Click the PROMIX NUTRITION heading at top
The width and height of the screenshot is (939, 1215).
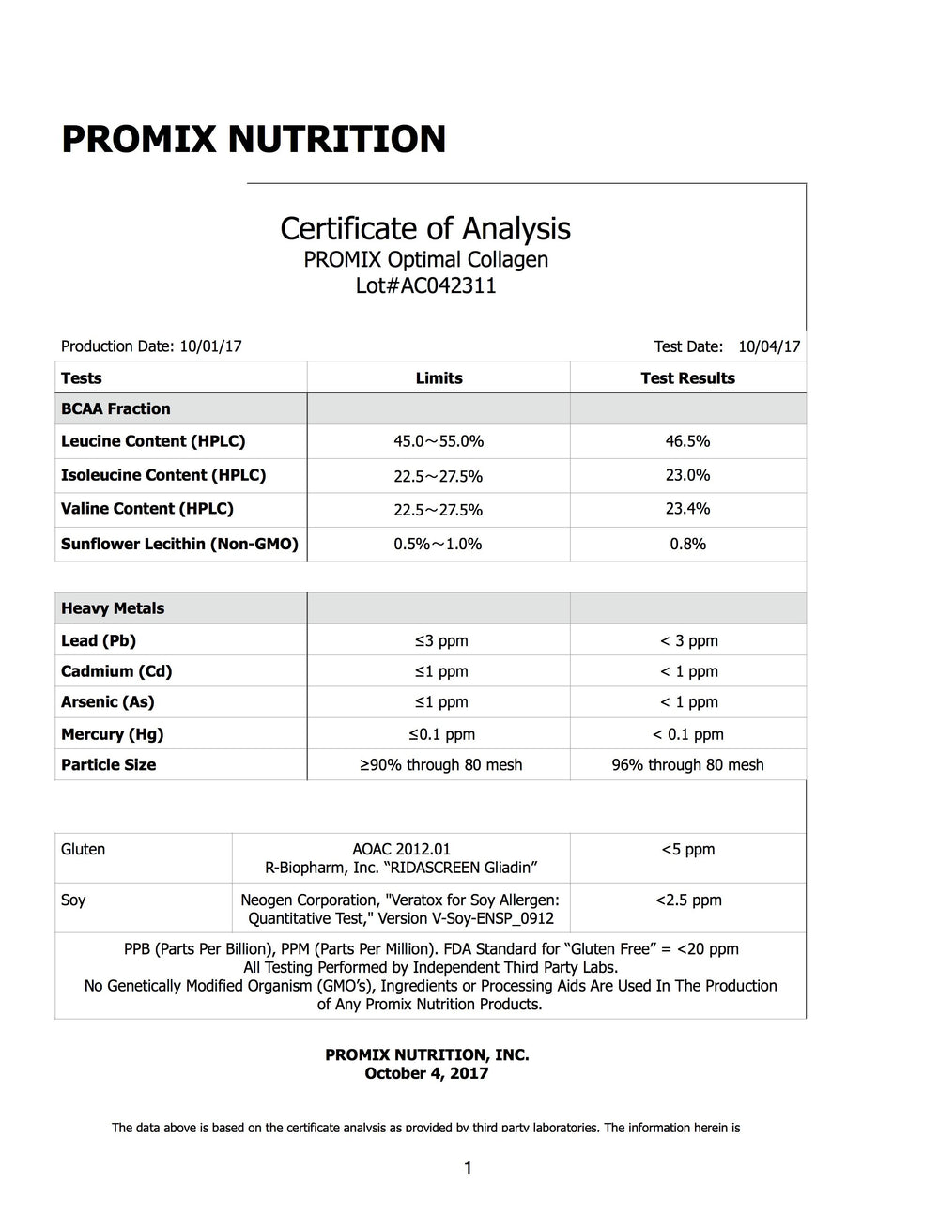pos(254,139)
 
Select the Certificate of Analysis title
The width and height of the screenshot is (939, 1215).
pos(425,228)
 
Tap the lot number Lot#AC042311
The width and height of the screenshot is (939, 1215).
pos(425,285)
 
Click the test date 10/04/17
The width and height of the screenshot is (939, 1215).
pos(769,346)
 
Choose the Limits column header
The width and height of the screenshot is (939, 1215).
pos(439,378)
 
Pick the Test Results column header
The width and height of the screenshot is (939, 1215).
pos(687,378)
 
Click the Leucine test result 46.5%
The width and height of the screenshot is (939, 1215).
pos(687,441)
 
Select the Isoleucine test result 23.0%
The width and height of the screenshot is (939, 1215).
pos(687,475)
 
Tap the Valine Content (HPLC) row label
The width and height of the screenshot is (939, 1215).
pos(147,509)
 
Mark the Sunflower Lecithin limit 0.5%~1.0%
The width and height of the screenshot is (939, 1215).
pos(438,545)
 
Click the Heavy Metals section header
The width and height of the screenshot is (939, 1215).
pos(113,608)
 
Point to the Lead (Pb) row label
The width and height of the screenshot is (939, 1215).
pos(99,640)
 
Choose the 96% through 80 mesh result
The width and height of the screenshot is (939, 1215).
pos(687,765)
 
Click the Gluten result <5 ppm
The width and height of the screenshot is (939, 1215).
pos(687,850)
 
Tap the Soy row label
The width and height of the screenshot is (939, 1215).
pos(73,900)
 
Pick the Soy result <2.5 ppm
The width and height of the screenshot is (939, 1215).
pos(687,900)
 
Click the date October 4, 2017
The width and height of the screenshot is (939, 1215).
pos(426,1073)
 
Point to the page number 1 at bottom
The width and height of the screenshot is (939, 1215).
pos(468,1168)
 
